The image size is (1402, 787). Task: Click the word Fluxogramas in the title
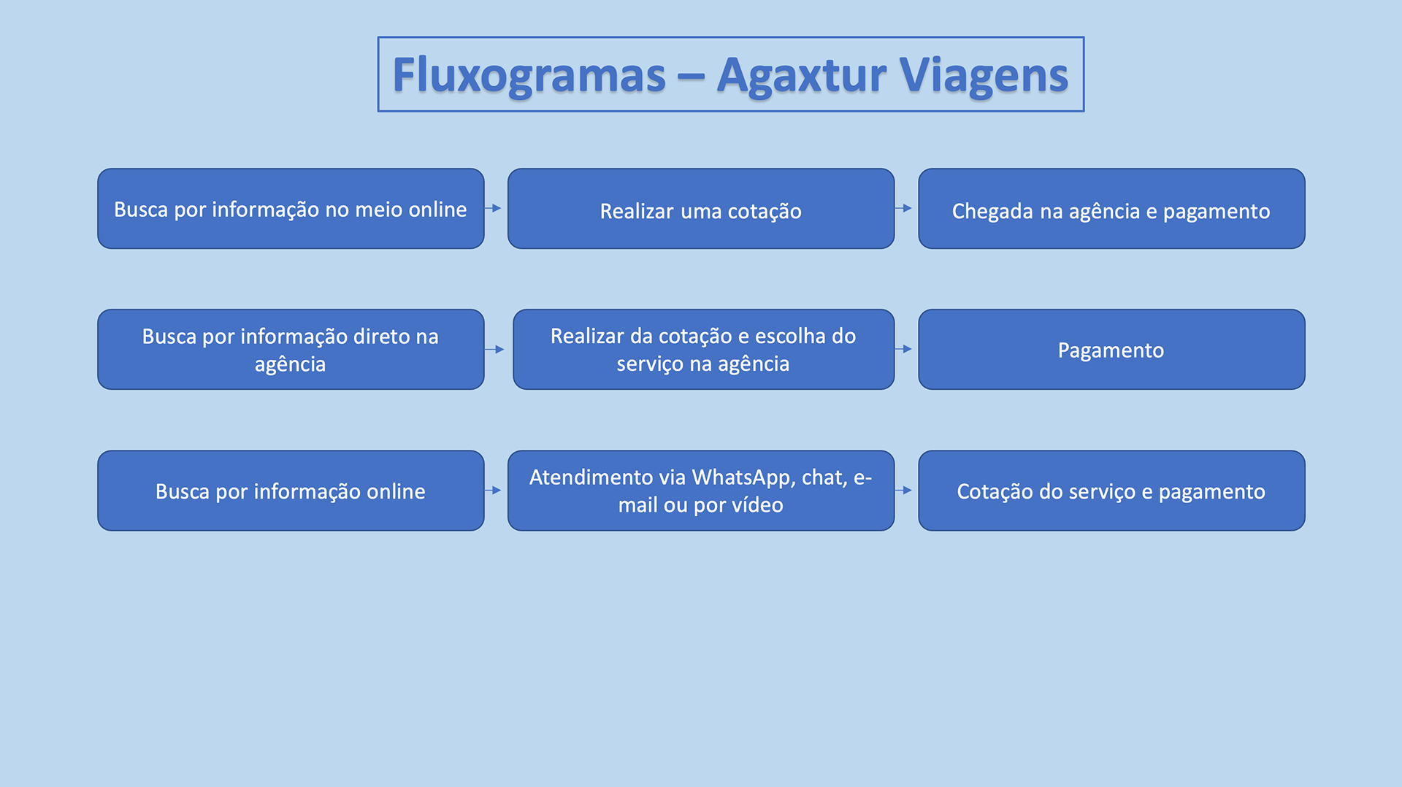(529, 75)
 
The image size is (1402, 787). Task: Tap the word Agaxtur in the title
(801, 75)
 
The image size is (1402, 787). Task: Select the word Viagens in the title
(983, 75)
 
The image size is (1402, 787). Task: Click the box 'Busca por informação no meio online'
(291, 209)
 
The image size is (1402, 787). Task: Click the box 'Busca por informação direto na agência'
(291, 350)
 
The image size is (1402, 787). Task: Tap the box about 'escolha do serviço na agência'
(703, 350)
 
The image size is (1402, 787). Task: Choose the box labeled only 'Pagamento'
(1111, 350)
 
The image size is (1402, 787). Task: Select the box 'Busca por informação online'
(291, 491)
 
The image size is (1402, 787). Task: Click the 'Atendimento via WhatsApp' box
(700, 491)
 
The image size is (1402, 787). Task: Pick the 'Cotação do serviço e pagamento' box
(1111, 491)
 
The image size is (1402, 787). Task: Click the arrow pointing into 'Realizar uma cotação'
(494, 208)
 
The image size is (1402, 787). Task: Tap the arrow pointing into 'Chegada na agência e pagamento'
(905, 208)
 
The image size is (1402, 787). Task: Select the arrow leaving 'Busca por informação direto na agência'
(497, 349)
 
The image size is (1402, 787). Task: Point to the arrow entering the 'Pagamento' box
(905, 349)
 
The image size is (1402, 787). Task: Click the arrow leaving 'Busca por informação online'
(494, 490)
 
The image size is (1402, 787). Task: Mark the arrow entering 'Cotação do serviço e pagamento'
(905, 490)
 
